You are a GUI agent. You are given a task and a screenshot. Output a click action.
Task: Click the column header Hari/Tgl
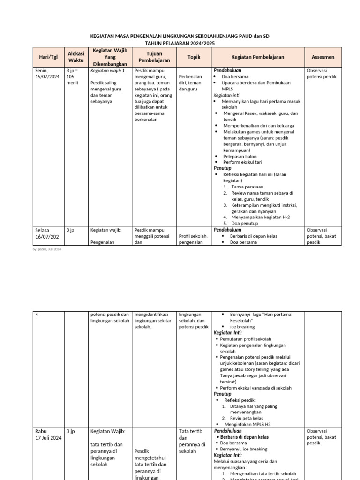click(x=48, y=57)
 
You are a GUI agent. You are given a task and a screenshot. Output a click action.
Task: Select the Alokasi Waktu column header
click(x=75, y=57)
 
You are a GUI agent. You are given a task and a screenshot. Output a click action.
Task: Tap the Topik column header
click(x=194, y=57)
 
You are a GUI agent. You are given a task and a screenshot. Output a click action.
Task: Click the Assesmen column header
click(x=323, y=57)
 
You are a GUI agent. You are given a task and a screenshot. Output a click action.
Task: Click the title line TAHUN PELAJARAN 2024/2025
click(x=180, y=43)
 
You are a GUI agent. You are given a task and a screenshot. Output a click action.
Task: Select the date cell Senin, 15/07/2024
click(x=47, y=74)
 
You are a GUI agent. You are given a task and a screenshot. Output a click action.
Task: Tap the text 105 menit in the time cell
click(x=71, y=80)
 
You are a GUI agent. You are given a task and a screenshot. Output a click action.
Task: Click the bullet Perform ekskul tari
click(x=241, y=162)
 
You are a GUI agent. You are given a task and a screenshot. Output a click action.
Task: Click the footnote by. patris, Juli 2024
click(x=47, y=249)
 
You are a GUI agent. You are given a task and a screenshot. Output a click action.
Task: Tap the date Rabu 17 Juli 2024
click(x=48, y=435)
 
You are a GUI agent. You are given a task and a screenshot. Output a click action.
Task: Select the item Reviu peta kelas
click(x=247, y=418)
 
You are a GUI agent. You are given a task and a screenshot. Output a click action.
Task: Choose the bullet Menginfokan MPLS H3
click(x=247, y=424)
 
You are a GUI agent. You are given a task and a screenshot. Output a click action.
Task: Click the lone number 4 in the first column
click(x=37, y=315)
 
